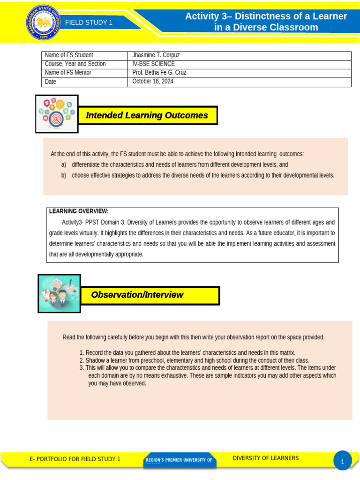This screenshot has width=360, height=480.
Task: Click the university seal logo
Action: (x=43, y=22)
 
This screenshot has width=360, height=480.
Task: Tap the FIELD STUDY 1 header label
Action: (x=89, y=22)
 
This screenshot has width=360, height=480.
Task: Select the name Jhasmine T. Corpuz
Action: (x=156, y=55)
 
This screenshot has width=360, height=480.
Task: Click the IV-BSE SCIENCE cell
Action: (x=153, y=64)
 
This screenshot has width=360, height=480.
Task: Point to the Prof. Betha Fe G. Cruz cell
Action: (x=159, y=73)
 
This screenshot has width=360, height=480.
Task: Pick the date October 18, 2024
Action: (x=153, y=81)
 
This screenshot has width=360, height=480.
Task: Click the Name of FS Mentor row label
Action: (x=68, y=73)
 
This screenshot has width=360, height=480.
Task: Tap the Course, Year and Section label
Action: (x=75, y=64)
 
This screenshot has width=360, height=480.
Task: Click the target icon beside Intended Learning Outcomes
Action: (x=57, y=114)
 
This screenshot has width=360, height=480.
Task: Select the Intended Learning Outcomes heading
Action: (x=147, y=115)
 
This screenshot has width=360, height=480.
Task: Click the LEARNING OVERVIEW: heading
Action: (x=79, y=211)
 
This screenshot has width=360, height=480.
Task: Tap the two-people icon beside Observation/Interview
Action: (x=59, y=293)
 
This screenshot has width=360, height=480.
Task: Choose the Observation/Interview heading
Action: (x=137, y=295)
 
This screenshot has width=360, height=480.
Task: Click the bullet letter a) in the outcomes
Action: (x=64, y=165)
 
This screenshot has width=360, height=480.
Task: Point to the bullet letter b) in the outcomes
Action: (x=64, y=175)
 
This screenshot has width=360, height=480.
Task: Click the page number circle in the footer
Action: (x=343, y=461)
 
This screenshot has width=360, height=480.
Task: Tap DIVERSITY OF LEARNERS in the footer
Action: (x=265, y=458)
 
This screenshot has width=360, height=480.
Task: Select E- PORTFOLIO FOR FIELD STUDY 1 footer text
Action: (x=75, y=459)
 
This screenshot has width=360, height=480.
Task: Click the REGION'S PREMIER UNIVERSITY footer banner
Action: (x=179, y=460)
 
